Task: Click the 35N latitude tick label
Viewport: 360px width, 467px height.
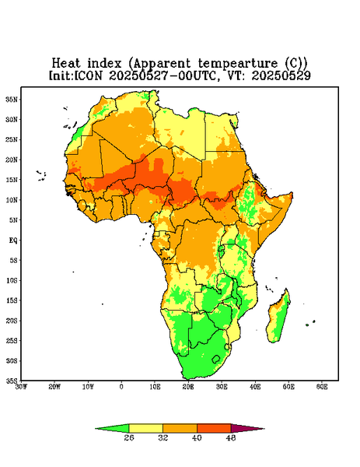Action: pyautogui.click(x=12, y=100)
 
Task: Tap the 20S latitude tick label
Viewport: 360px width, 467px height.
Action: pyautogui.click(x=12, y=321)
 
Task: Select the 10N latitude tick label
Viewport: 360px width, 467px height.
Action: pyautogui.click(x=12, y=200)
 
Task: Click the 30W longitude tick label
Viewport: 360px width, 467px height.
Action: pyautogui.click(x=21, y=387)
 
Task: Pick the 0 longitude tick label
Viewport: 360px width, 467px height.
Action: pyautogui.click(x=121, y=387)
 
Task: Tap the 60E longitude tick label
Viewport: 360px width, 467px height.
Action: pyautogui.click(x=322, y=387)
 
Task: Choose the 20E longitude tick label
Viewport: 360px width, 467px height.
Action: pyautogui.click(x=188, y=387)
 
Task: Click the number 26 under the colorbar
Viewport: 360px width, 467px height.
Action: pyautogui.click(x=129, y=437)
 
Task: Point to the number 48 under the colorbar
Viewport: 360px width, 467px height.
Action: pyautogui.click(x=231, y=437)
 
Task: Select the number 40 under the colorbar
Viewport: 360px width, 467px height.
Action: pyautogui.click(x=197, y=437)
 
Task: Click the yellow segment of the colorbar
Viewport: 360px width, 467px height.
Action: pyautogui.click(x=145, y=428)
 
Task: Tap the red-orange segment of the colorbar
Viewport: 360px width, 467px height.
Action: pyautogui.click(x=214, y=428)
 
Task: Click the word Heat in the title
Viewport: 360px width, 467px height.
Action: pyautogui.click(x=66, y=64)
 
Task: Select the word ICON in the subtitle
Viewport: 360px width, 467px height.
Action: pyautogui.click(x=88, y=75)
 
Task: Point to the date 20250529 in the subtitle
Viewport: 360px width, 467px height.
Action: pyautogui.click(x=281, y=75)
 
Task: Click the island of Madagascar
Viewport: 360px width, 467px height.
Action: pyautogui.click(x=278, y=318)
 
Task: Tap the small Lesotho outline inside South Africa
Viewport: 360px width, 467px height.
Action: pyautogui.click(x=216, y=359)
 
